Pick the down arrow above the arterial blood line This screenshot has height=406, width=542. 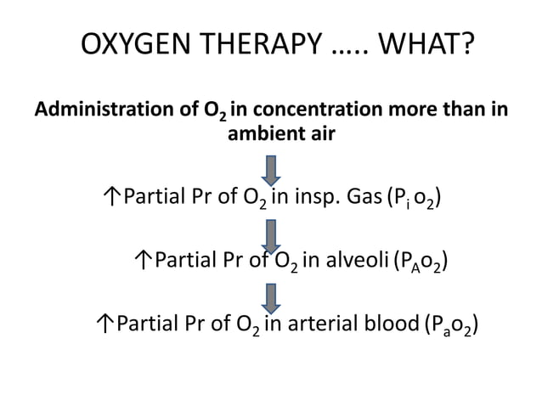pyautogui.click(x=272, y=296)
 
